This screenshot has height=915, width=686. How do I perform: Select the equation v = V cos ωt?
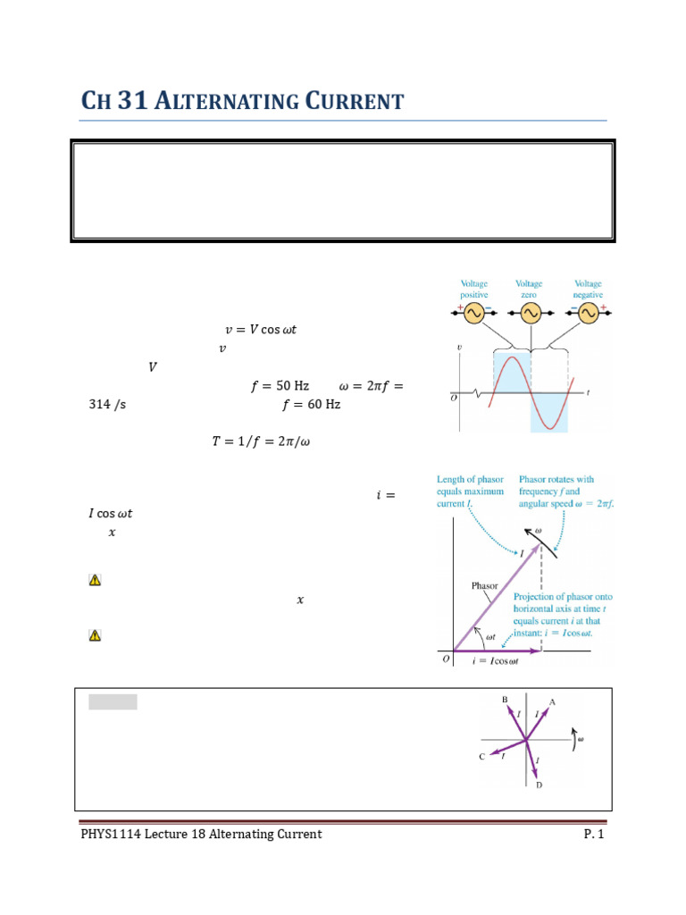coord(260,329)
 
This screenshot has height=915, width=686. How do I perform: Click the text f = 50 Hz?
coord(280,386)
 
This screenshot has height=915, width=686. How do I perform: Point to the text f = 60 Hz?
coord(311,405)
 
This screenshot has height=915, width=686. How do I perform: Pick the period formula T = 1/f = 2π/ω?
coord(261,441)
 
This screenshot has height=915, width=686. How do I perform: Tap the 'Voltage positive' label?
coord(474,289)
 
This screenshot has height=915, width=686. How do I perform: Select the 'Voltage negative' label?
coord(588,289)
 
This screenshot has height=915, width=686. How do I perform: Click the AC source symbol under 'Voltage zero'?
coord(531,313)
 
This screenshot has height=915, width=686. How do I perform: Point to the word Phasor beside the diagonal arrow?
coord(485,586)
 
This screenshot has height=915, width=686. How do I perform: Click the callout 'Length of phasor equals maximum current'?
coord(471,491)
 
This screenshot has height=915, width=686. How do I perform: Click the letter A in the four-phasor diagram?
coord(552,702)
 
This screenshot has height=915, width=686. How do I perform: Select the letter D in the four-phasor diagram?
coord(539,785)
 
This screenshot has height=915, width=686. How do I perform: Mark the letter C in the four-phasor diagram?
coord(481,757)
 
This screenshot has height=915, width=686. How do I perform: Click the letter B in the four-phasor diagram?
coord(505,700)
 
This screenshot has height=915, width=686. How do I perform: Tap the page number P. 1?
coord(594,835)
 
